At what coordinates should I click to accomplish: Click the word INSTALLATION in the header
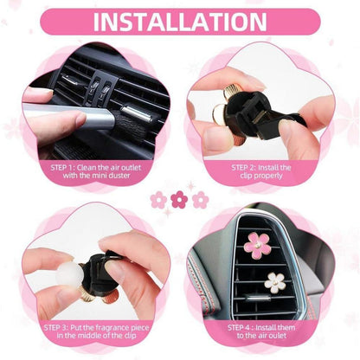[179, 21]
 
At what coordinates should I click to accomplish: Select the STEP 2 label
[246, 165]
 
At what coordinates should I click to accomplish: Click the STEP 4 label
[244, 329]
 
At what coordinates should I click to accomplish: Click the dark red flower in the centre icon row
[179, 200]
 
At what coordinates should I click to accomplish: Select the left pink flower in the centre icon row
[158, 200]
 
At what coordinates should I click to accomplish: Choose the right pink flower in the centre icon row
[200, 200]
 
